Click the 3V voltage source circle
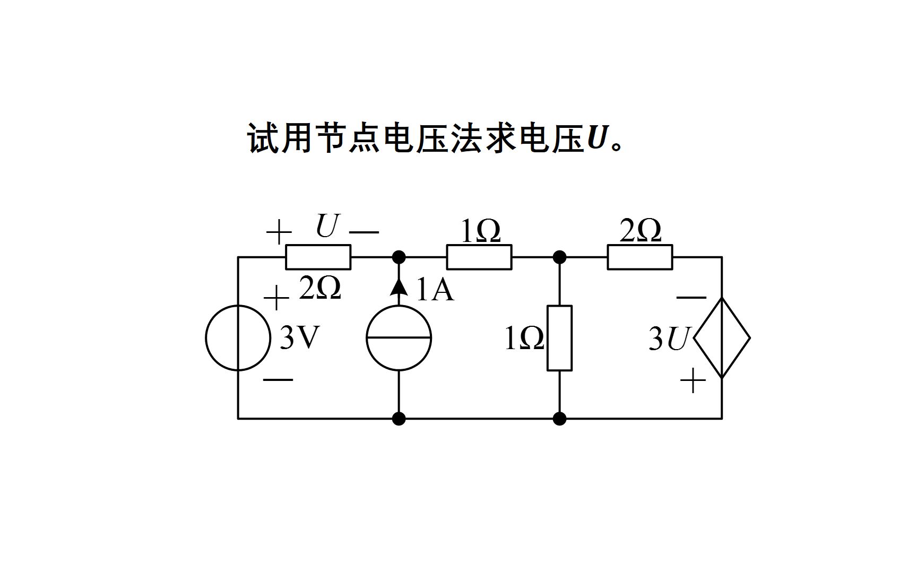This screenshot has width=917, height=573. pos(238,338)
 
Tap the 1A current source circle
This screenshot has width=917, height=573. pos(399,338)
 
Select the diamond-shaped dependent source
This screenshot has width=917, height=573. pos(722,338)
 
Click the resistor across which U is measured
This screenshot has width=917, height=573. pos(318,257)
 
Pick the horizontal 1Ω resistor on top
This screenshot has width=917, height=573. pos(479,257)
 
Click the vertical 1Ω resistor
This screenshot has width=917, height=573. pos(559,338)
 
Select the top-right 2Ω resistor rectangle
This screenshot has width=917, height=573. pos(639,257)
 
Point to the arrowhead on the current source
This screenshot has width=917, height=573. pos(399,286)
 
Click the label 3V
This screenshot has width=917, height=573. pos(300,338)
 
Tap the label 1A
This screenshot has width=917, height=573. pos(435,291)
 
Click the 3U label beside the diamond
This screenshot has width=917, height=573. pos(668,340)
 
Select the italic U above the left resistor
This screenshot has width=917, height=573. pos(327,227)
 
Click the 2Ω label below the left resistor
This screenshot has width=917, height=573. pos(319,289)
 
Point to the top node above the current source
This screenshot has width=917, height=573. pos(399,257)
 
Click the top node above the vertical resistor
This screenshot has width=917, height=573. pos(559,257)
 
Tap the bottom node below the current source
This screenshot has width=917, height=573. pos(399,419)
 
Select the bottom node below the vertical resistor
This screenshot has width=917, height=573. pos(559,419)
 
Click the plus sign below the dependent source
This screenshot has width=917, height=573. pos(693,381)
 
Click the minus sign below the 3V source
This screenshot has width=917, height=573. pos(278,380)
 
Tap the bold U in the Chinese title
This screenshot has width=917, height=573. pos(598,139)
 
